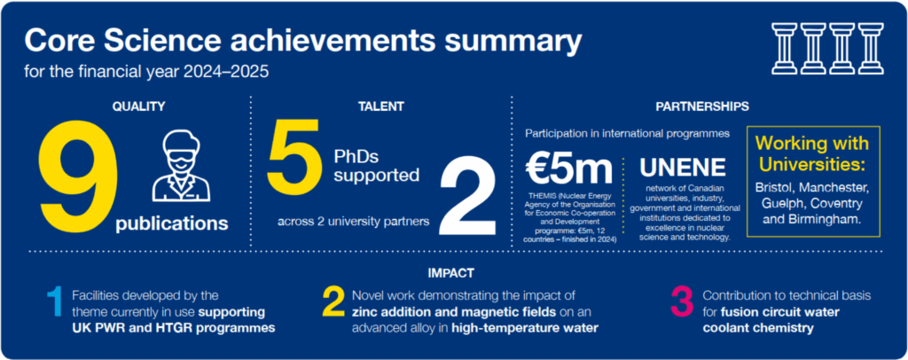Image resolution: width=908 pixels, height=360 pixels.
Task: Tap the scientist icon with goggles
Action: [181, 166]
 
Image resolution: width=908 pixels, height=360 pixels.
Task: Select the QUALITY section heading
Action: [139, 106]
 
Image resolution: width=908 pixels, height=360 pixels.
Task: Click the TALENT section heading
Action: [381, 106]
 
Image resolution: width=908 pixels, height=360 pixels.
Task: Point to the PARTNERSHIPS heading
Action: [702, 106]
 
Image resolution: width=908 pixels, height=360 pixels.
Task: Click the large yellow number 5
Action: [294, 152]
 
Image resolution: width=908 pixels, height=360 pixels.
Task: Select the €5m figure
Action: [568, 168]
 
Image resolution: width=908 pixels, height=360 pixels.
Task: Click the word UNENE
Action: [682, 168]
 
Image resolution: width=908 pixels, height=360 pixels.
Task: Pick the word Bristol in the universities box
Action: [776, 189]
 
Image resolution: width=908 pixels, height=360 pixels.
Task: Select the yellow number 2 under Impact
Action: [333, 302]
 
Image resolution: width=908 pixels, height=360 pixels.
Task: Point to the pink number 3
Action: [683, 302]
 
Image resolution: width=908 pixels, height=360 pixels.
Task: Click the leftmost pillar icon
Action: [785, 48]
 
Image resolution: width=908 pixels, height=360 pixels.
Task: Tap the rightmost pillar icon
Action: [871, 48]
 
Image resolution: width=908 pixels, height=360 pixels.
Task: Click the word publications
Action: [171, 223]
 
